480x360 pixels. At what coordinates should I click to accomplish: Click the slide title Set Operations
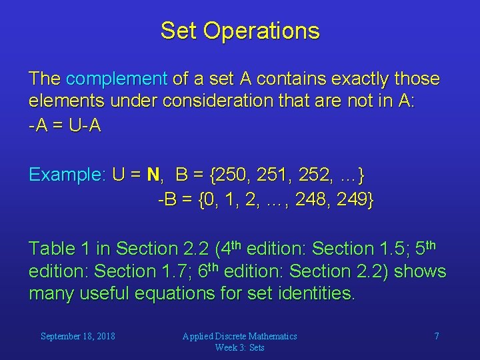240,31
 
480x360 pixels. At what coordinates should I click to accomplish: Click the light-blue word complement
117,79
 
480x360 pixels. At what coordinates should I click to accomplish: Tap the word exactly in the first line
355,79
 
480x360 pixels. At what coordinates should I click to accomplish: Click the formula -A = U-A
65,125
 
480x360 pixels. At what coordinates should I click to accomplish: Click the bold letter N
153,175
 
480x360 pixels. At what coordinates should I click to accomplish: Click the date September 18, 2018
78,336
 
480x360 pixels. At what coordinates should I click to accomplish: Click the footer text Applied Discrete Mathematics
240,336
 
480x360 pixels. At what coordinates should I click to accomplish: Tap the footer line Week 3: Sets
240,347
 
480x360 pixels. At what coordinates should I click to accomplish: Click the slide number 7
437,336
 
